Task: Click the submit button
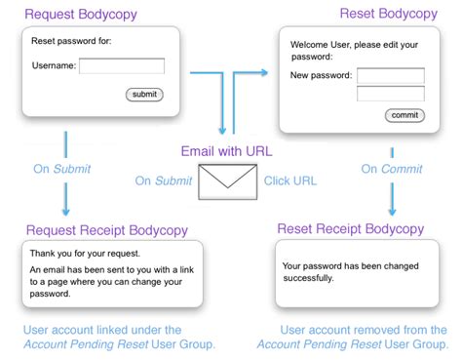point(144,95)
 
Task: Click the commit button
point(404,115)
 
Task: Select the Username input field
point(122,66)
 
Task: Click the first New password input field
point(391,76)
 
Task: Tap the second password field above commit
point(391,94)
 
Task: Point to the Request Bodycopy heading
point(81,15)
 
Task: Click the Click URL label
point(290,181)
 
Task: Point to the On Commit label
point(390,169)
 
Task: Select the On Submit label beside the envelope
point(163,181)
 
